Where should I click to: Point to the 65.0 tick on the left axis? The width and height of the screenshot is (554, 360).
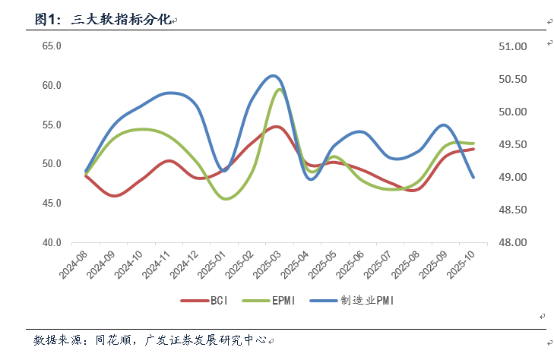click(x=52, y=46)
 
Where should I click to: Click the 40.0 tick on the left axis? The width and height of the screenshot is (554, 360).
click(x=52, y=242)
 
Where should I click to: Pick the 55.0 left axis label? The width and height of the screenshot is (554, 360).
click(x=52, y=125)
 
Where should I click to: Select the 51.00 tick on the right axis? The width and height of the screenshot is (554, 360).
click(x=511, y=46)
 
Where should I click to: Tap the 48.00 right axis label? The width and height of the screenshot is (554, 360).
click(x=511, y=242)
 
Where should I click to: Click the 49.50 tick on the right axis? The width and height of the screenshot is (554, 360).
click(x=511, y=144)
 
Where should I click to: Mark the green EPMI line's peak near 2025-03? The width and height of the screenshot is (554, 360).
click(x=280, y=89)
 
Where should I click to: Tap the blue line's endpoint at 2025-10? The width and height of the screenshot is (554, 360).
click(x=473, y=177)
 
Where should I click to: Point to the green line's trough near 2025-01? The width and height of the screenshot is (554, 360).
click(x=226, y=199)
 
